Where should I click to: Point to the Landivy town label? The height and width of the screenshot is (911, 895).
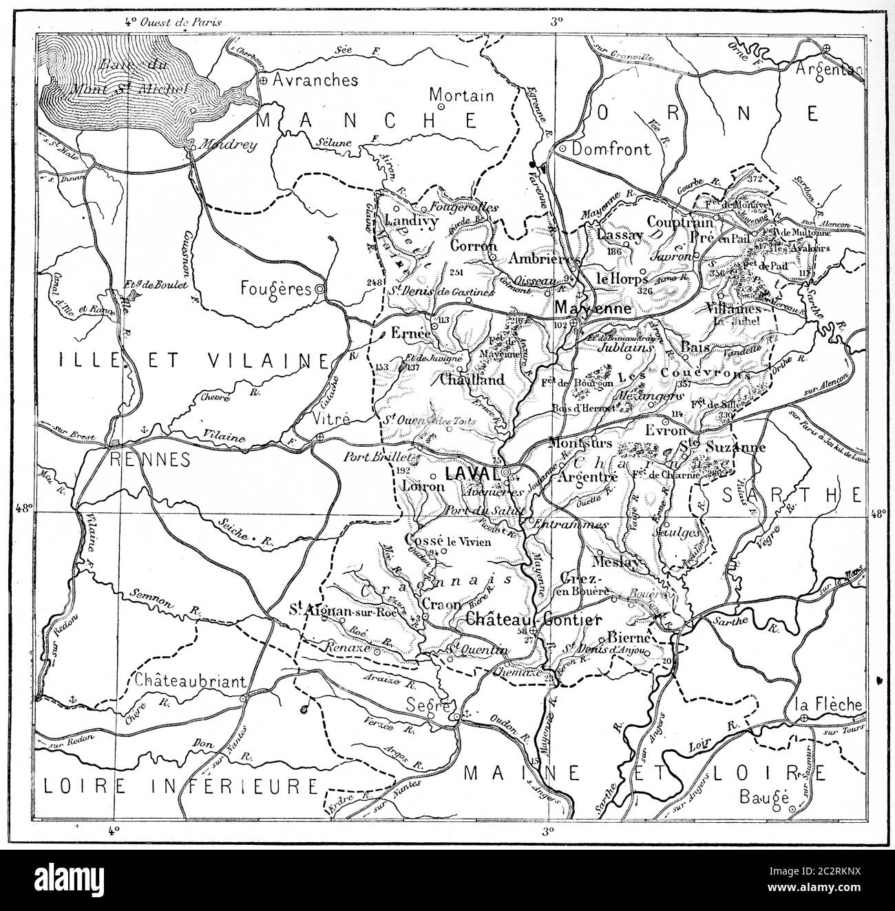(x=409, y=220)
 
